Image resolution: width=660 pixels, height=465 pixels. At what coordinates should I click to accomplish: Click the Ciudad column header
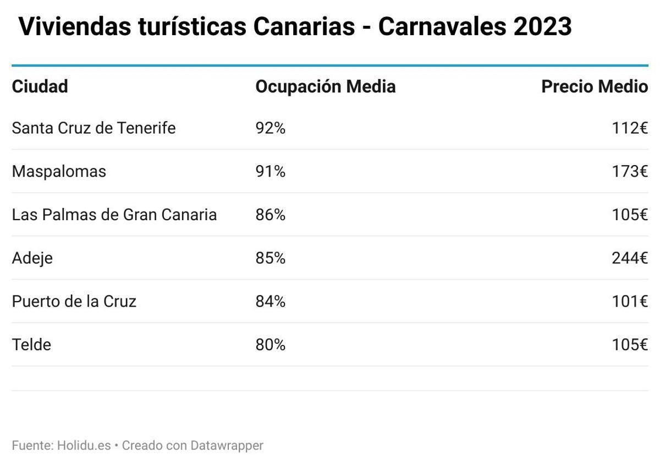point(40,86)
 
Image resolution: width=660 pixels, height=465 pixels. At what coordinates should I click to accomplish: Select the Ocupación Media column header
point(325,86)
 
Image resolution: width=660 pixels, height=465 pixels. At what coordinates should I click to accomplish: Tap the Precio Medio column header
point(594,86)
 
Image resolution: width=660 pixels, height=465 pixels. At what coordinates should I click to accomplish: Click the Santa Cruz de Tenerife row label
point(94,128)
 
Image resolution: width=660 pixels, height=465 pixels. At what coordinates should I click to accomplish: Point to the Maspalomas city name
point(59,171)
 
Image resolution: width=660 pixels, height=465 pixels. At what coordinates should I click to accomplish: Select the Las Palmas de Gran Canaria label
point(114,215)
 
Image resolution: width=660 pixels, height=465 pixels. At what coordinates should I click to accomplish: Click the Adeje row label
point(32,258)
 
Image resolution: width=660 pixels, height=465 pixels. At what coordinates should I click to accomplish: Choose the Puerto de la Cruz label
point(74,302)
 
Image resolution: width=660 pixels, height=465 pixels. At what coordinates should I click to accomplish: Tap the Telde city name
point(31,345)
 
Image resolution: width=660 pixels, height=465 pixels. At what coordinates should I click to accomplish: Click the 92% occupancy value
point(270,128)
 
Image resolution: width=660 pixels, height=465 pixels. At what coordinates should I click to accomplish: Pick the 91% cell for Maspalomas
point(270,171)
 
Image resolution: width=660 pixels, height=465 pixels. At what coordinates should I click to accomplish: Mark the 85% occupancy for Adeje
point(270,258)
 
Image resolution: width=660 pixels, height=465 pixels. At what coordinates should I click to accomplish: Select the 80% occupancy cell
point(270,345)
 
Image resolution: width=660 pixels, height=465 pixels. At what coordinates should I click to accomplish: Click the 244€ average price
point(630,258)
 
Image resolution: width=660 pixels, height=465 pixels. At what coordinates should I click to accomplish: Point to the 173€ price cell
point(630,171)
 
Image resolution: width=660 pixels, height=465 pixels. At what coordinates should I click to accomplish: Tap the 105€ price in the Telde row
point(630,345)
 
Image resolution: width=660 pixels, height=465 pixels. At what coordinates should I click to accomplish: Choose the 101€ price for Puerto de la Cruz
point(630,302)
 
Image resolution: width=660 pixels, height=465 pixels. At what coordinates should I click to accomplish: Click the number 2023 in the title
point(542,26)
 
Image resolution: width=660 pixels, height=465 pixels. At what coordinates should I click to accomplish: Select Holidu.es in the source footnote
point(84,445)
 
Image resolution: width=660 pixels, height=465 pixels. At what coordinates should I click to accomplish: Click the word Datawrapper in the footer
point(227,445)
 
